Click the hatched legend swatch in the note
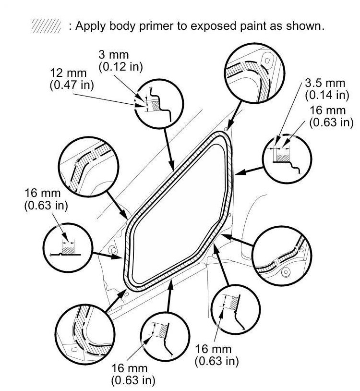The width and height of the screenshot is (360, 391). click(46, 26)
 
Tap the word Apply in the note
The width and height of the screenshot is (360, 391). click(88, 26)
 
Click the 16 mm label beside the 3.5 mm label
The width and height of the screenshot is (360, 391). click(327, 111)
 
